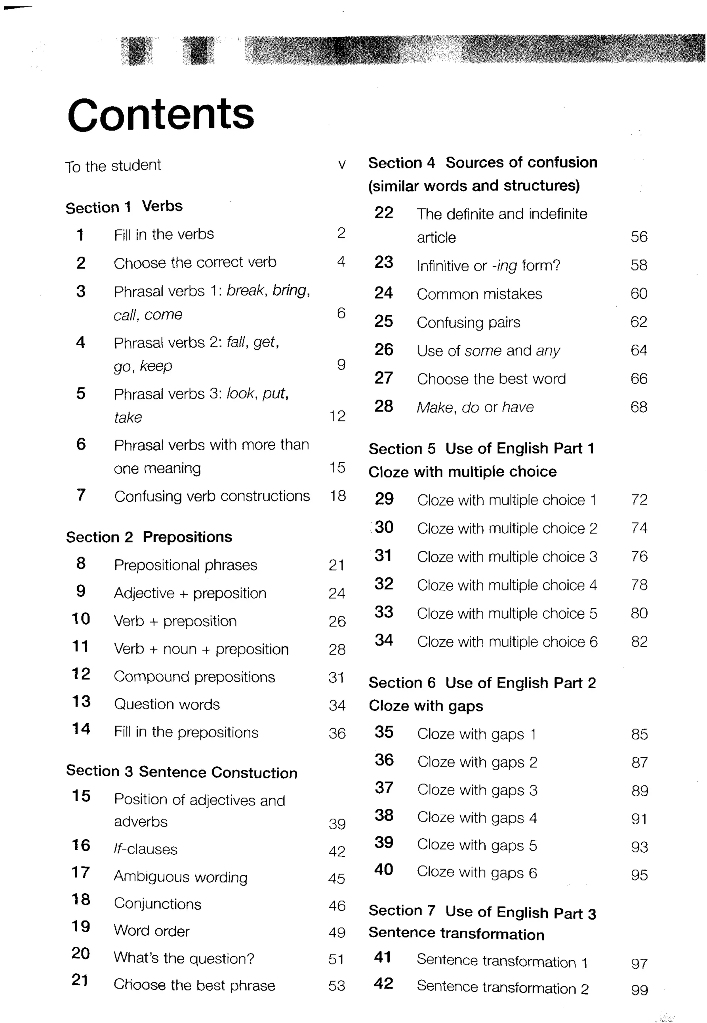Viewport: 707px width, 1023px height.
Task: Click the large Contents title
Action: pos(161,114)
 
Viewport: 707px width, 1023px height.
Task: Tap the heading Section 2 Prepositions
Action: pos(149,537)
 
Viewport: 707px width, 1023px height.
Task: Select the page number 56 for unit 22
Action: pos(639,237)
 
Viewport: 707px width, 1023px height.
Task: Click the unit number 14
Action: pos(81,729)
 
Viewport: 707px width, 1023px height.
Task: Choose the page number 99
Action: pos(639,990)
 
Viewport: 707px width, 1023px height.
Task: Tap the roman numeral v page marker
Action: pos(341,165)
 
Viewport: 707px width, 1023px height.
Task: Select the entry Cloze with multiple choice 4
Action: pos(507,585)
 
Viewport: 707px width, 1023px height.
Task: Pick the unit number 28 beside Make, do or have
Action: pos(384,406)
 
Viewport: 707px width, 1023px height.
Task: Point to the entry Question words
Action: pos(166,704)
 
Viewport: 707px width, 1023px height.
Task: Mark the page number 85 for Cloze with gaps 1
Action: pos(639,735)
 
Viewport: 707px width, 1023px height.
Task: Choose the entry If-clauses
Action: pos(145,849)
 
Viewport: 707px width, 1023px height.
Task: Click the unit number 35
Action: pos(384,732)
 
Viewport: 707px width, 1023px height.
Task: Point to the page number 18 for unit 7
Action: pos(338,495)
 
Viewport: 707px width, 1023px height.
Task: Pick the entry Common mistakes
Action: pos(479,294)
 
